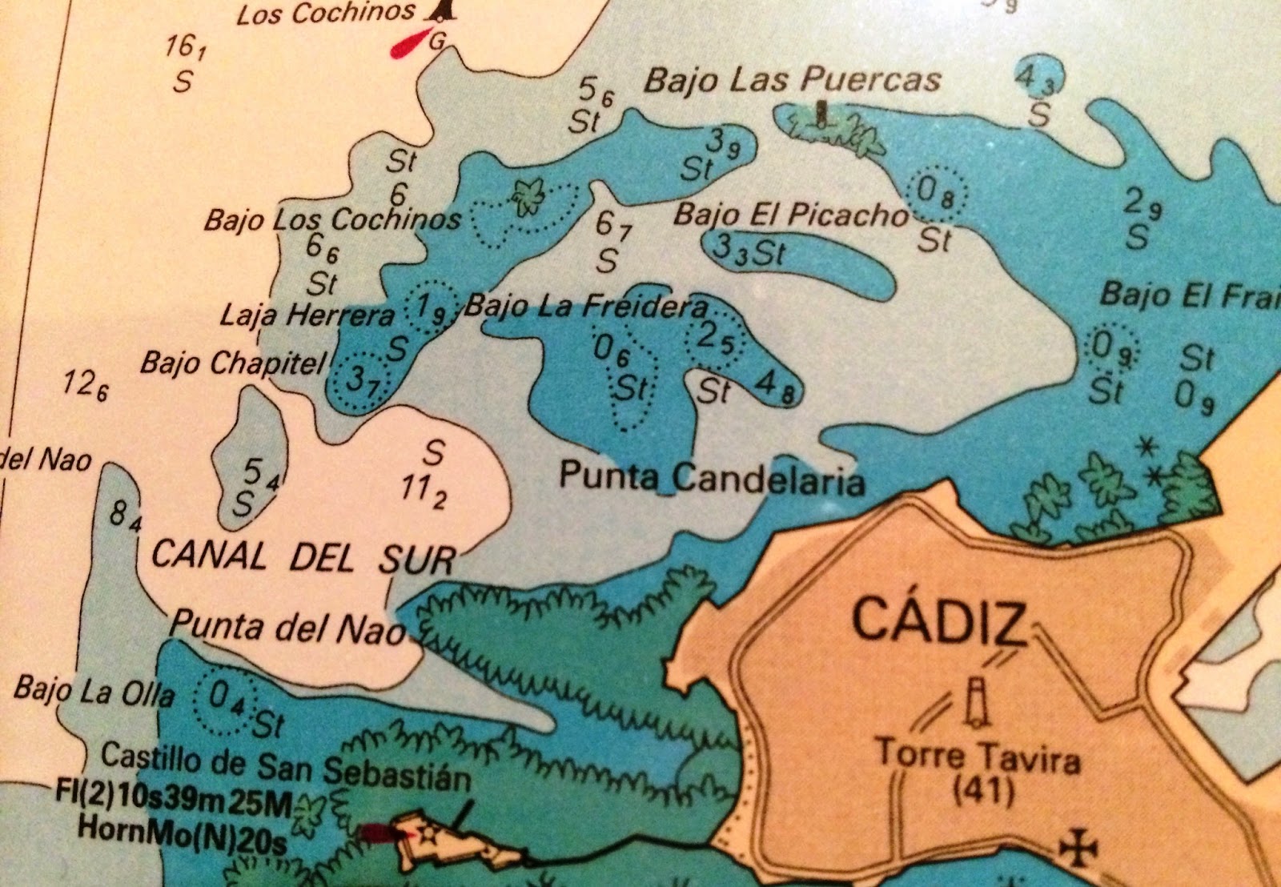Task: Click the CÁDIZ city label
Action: tap(939, 621)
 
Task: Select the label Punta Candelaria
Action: tap(712, 478)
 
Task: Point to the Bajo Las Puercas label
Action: tap(793, 80)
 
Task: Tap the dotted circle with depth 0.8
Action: tap(938, 193)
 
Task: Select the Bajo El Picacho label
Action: tap(791, 215)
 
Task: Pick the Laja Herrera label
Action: tap(307, 315)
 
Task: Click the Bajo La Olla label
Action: tap(94, 691)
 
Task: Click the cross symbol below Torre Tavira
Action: tap(1077, 848)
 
